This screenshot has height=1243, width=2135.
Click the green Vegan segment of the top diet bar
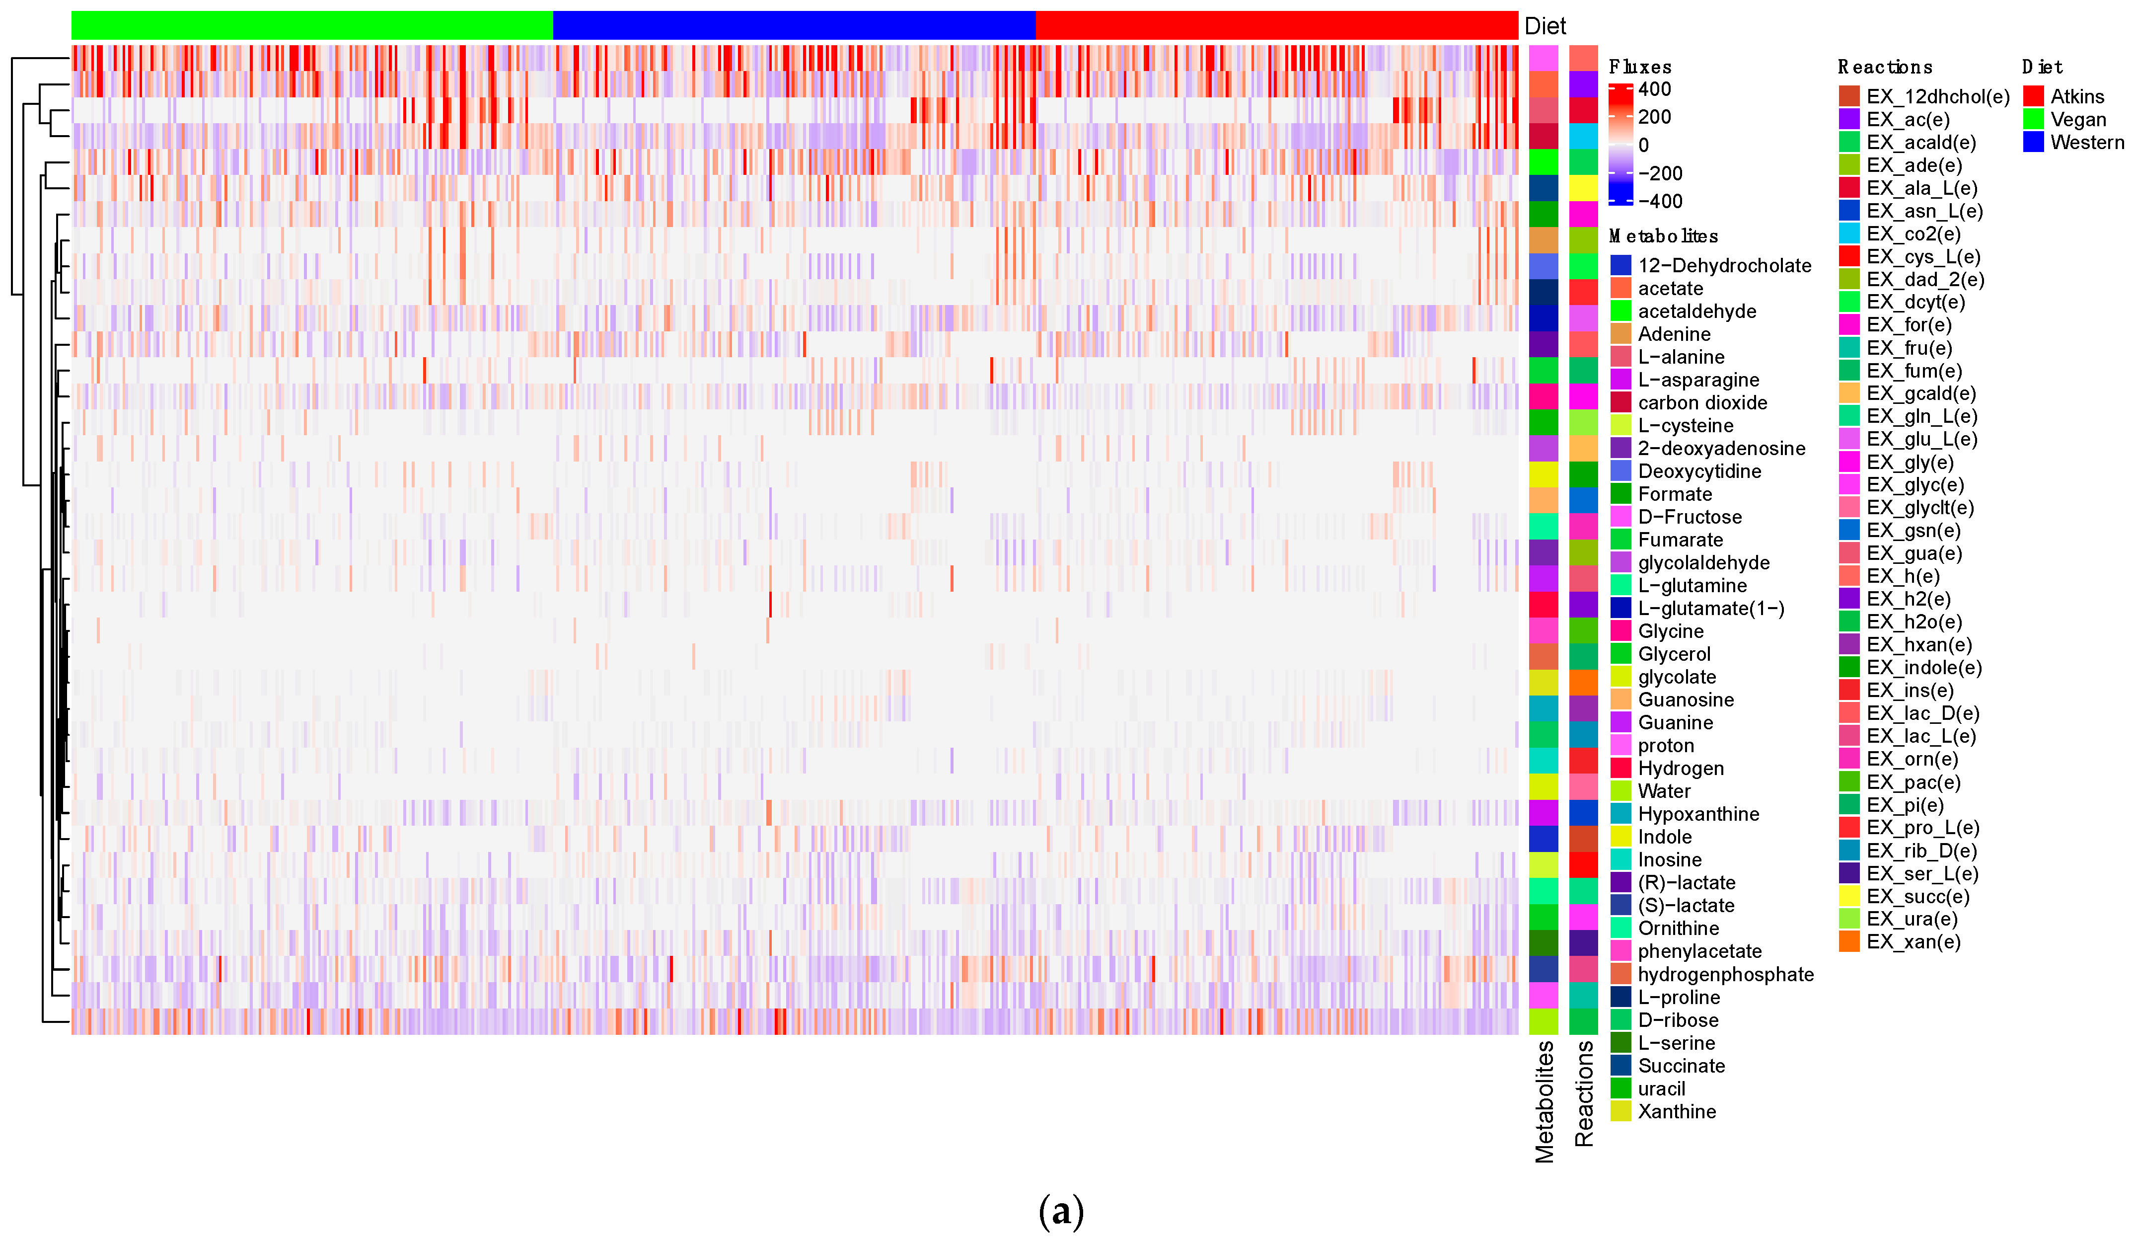pyautogui.click(x=312, y=25)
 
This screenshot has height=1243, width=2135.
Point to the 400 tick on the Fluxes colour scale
pyautogui.click(x=1654, y=89)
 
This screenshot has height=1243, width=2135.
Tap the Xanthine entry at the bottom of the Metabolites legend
pyautogui.click(x=1676, y=1112)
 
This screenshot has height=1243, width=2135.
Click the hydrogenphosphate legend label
pyautogui.click(x=1725, y=974)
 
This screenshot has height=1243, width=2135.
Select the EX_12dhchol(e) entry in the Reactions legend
pyautogui.click(x=1937, y=96)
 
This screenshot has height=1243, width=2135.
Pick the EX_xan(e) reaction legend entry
pyautogui.click(x=1913, y=941)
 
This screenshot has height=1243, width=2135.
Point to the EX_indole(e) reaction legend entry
pyautogui.click(x=1923, y=668)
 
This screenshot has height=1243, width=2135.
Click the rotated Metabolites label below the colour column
pyautogui.click(x=1545, y=1101)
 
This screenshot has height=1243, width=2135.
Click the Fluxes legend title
pyautogui.click(x=1639, y=67)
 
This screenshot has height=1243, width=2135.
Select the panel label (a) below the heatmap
pyautogui.click(x=1061, y=1212)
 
